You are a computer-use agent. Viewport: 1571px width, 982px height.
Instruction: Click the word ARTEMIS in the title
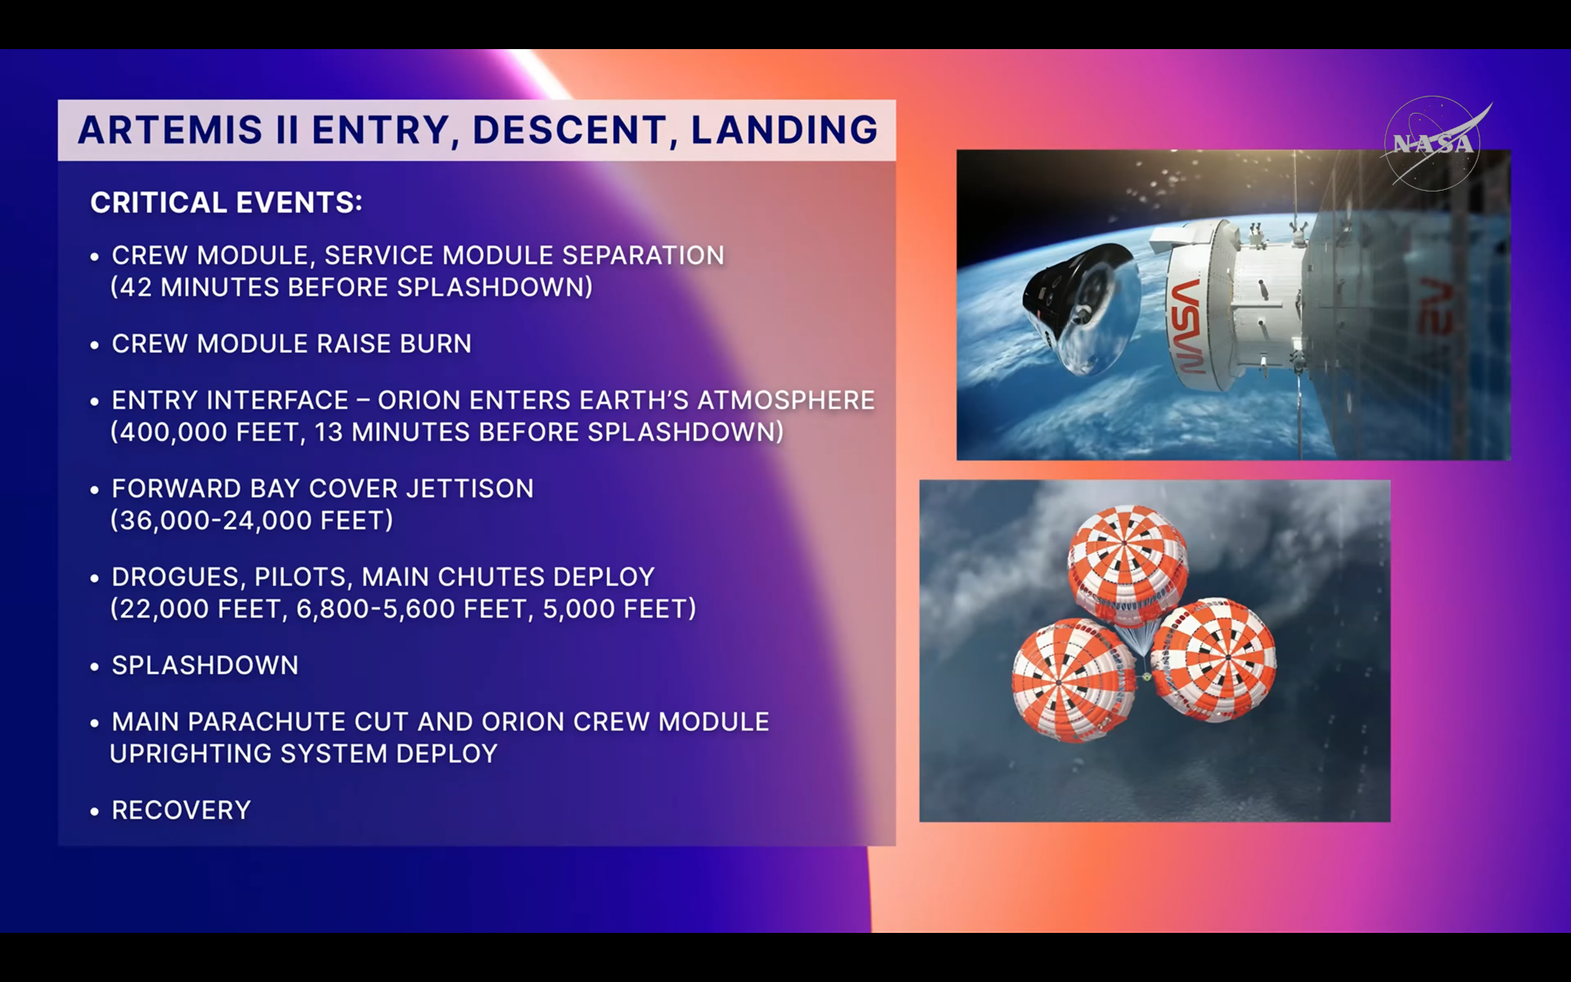[170, 130]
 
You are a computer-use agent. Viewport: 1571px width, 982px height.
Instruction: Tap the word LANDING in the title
[785, 130]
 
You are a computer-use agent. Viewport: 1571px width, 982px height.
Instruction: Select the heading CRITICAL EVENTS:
[226, 202]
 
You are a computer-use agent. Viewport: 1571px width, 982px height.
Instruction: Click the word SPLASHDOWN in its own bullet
[205, 665]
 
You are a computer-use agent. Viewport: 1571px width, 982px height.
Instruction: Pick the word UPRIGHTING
[190, 754]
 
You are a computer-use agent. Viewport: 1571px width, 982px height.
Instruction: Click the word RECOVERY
[181, 810]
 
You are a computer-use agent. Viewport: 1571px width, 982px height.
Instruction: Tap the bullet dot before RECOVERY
[95, 811]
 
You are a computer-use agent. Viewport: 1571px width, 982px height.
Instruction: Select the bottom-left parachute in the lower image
[1074, 681]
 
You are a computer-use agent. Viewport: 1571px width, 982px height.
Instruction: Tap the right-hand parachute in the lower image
[1214, 660]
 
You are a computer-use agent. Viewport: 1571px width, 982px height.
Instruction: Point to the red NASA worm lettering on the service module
[1186, 324]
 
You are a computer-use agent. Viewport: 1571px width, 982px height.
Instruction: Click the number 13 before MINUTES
[328, 432]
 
